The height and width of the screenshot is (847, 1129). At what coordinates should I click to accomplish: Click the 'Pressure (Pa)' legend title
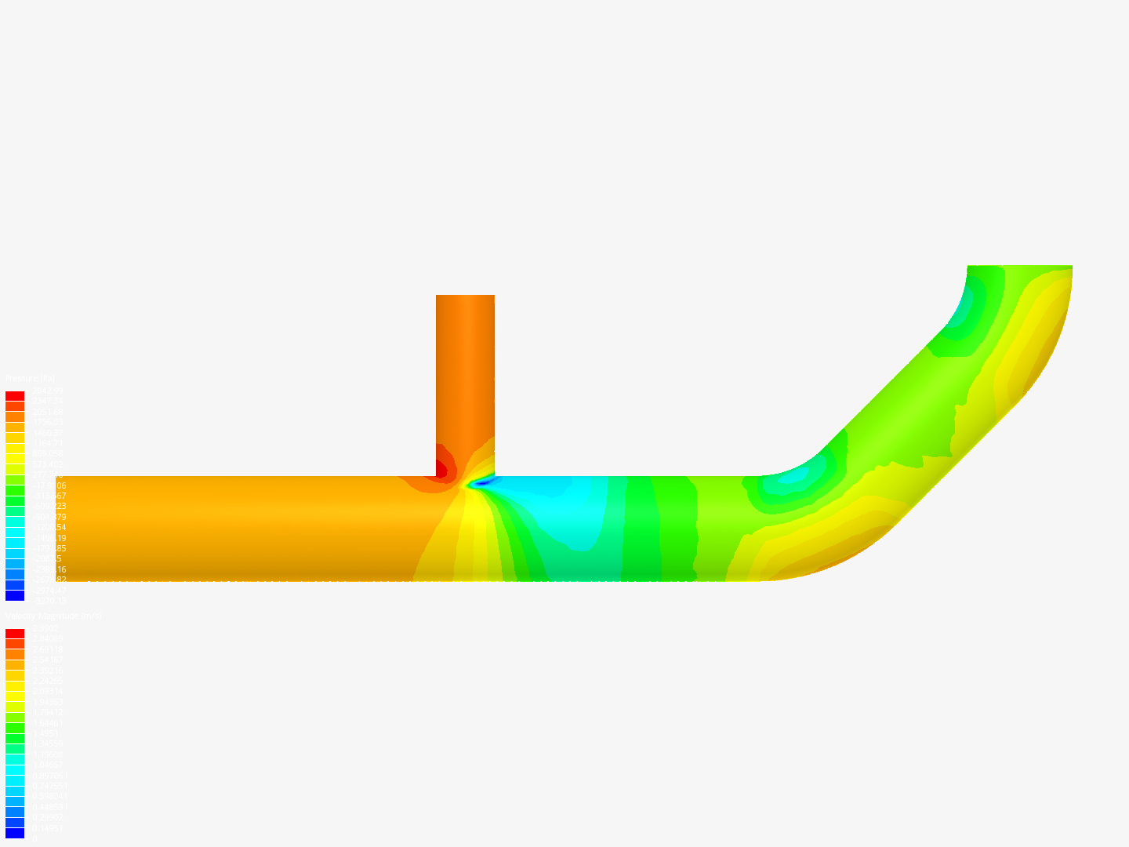(x=30, y=379)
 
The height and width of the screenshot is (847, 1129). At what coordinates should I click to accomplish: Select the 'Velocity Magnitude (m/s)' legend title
(x=53, y=616)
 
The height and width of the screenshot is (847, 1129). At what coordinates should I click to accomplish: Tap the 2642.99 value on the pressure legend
(x=47, y=391)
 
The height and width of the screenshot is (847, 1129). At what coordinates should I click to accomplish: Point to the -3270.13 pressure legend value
(x=49, y=601)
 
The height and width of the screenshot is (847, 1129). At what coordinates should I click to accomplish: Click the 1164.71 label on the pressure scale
(x=47, y=443)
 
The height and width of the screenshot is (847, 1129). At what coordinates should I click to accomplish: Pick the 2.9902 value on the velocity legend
(x=45, y=628)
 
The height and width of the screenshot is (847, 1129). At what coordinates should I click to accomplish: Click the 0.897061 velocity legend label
(x=49, y=776)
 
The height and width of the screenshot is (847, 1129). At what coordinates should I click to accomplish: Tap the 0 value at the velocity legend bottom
(x=33, y=838)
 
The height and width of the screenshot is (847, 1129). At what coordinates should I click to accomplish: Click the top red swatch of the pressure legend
(x=15, y=396)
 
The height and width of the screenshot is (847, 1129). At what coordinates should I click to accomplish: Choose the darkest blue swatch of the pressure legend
(x=15, y=596)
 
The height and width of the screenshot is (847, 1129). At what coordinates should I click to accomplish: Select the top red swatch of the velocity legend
(x=15, y=634)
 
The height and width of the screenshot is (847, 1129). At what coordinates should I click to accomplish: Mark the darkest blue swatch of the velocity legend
(x=15, y=833)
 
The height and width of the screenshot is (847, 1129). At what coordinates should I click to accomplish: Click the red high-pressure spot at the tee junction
(x=441, y=470)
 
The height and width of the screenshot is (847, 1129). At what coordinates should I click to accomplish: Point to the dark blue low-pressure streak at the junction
(x=480, y=482)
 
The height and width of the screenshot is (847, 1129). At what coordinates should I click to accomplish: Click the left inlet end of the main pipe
(x=69, y=528)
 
